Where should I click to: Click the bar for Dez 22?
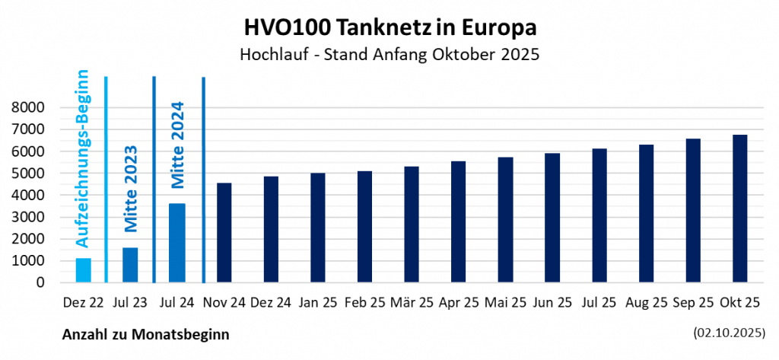(x=84, y=270)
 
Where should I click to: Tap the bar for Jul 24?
(x=177, y=243)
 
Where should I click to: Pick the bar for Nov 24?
(x=224, y=232)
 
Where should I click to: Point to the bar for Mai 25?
(x=505, y=220)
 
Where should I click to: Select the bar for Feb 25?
(x=364, y=227)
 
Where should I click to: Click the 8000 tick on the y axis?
(x=30, y=108)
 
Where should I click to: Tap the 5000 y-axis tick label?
(x=30, y=174)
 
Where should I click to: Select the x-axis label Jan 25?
(x=318, y=303)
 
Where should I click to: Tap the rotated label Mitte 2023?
(x=130, y=189)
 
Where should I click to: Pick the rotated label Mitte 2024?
(x=177, y=145)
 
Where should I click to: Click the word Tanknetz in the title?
(x=387, y=27)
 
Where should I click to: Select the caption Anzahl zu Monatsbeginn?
(x=145, y=334)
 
